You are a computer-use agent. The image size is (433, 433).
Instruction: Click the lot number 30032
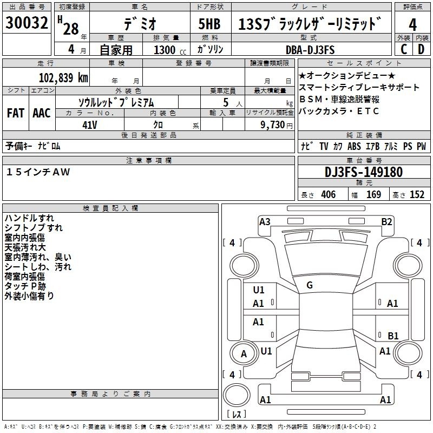click(x=27, y=23)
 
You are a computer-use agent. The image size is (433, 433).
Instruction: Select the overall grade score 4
click(x=412, y=25)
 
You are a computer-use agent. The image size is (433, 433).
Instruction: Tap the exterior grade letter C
click(x=404, y=49)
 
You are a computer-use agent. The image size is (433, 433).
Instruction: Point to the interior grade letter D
click(x=421, y=49)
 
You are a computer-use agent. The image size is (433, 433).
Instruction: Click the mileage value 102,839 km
click(x=63, y=77)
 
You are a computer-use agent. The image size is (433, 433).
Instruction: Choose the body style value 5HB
click(x=209, y=24)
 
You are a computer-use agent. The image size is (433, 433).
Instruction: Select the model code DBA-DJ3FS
click(x=310, y=50)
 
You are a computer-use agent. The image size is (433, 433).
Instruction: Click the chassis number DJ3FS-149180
click(x=364, y=172)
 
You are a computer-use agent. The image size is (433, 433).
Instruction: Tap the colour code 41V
click(x=90, y=125)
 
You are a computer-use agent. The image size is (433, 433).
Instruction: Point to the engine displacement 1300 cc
click(x=170, y=50)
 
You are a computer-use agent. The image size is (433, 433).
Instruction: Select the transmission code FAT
click(x=16, y=113)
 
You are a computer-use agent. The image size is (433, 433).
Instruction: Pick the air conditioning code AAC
click(x=42, y=113)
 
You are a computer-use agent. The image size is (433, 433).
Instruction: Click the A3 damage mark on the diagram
click(x=265, y=222)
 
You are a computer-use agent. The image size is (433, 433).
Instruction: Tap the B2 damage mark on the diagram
click(x=386, y=222)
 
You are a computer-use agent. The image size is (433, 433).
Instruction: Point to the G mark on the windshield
click(x=310, y=285)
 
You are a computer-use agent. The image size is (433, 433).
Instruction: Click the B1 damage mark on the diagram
click(x=393, y=336)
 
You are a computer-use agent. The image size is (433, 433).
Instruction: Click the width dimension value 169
click(x=373, y=194)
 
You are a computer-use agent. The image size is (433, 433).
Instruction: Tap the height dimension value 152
click(x=417, y=194)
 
